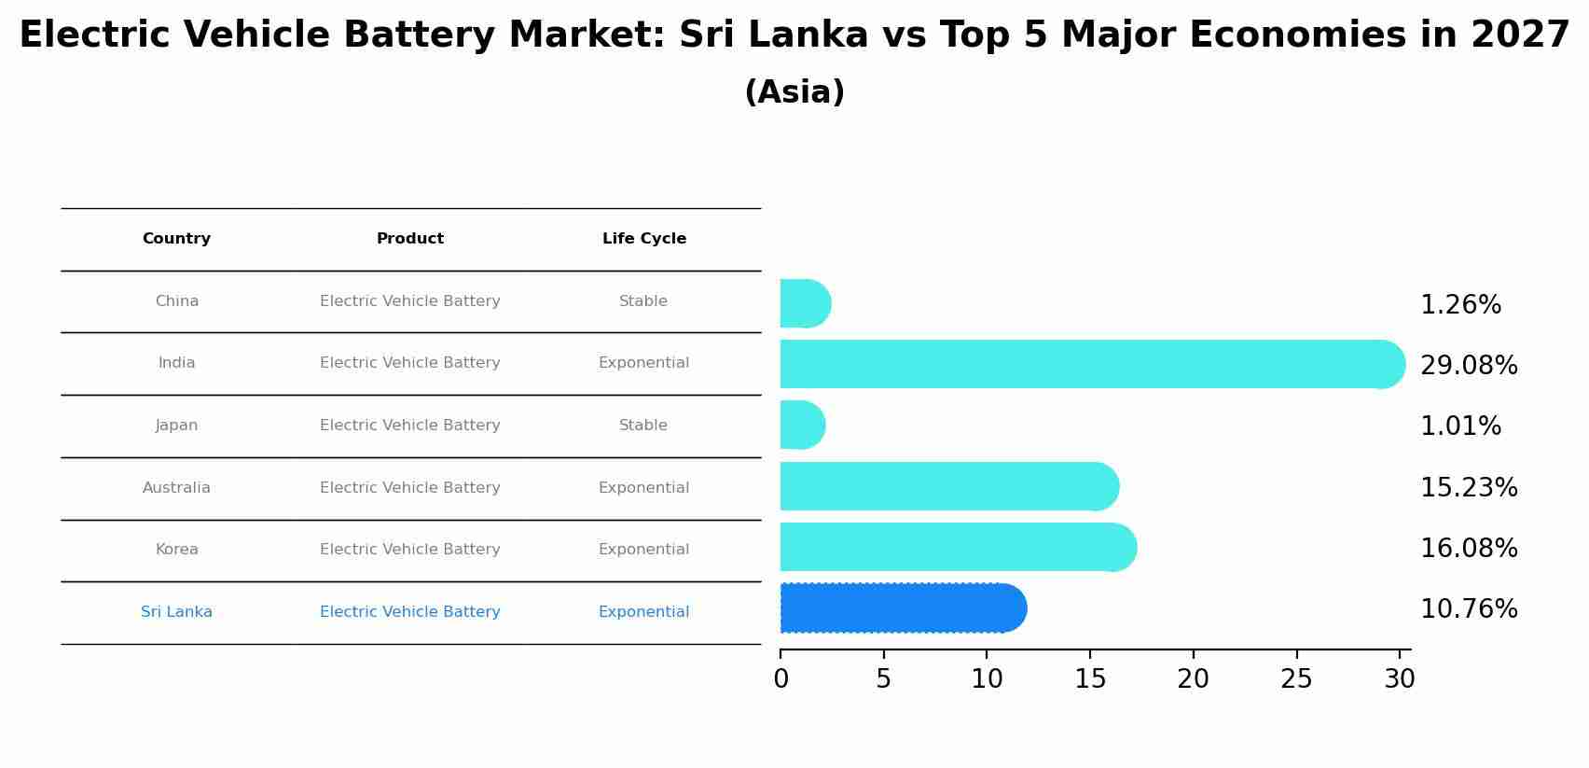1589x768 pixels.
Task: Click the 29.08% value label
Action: pos(1469,366)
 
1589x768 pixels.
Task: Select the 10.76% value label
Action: pos(1469,609)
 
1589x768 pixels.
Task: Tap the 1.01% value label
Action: pos(1460,426)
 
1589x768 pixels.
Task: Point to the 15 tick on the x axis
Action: pos(1090,678)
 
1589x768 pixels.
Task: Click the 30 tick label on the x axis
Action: pos(1399,678)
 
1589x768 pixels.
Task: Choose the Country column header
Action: pos(176,239)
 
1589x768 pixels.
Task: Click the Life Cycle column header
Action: pos(643,239)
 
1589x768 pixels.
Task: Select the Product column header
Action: pos(409,239)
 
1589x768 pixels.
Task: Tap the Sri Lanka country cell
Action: pos(176,612)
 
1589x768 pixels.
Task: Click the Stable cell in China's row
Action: pos(643,301)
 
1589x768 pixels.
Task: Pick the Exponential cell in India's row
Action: pos(643,363)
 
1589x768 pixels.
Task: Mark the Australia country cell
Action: pos(176,488)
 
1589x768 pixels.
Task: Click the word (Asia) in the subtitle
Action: pos(794,92)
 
